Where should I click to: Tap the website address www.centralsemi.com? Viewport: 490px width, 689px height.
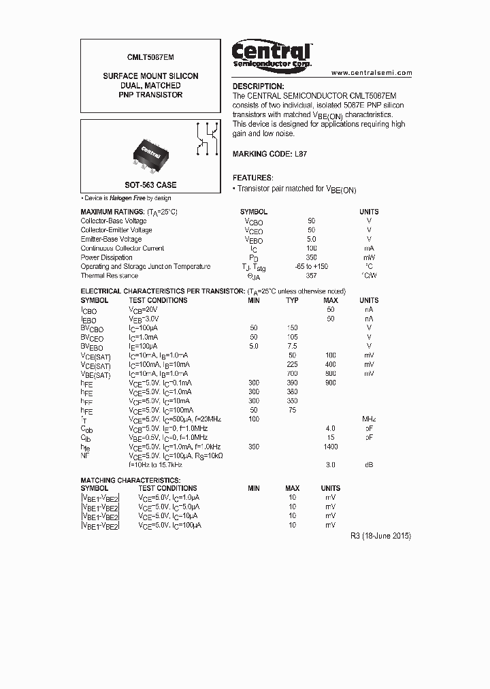click(372, 72)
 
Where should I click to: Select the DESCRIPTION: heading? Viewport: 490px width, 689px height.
click(258, 86)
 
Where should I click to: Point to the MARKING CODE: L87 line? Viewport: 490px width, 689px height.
click(269, 154)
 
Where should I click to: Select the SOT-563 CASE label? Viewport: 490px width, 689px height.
click(150, 185)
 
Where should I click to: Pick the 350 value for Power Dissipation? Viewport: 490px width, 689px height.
click(312, 258)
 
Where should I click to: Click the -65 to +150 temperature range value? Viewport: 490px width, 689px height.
click(312, 267)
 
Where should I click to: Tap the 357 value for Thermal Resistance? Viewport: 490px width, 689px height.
click(312, 276)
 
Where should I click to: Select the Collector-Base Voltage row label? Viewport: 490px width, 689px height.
click(113, 221)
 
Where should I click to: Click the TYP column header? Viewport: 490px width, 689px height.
click(292, 300)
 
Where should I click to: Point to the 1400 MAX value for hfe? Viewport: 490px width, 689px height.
click(331, 446)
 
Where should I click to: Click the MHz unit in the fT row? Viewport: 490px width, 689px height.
click(369, 419)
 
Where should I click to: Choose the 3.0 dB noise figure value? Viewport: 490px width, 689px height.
click(331, 464)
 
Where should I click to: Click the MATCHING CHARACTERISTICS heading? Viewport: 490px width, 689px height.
click(126, 480)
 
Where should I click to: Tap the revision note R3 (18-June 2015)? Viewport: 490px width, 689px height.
click(380, 536)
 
